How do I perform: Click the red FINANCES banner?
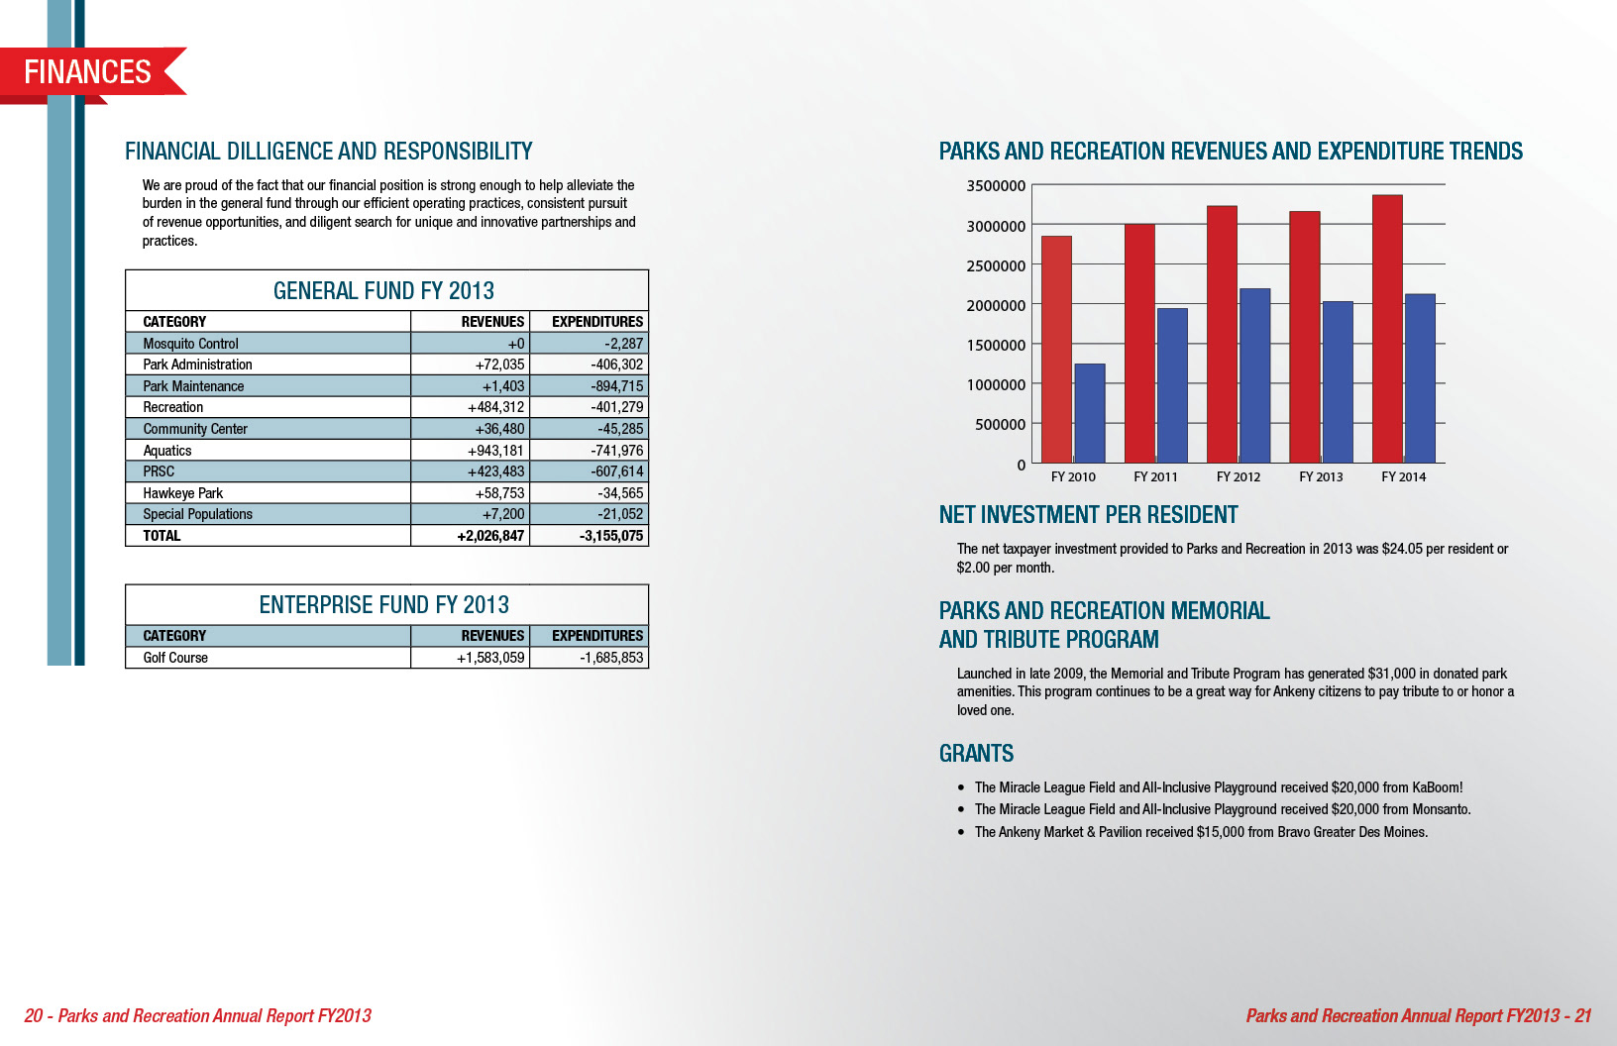88,71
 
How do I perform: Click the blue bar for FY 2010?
1089,413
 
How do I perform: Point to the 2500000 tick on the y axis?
996,265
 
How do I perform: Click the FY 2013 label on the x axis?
1321,476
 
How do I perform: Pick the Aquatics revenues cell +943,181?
495,451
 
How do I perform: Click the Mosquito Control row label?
190,344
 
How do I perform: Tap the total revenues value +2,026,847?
490,536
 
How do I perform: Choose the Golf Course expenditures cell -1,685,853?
611,658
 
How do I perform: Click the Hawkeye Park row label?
182,493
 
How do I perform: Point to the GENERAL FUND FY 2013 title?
383,290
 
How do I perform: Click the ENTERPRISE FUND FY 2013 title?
383,604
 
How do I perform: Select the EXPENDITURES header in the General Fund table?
596,322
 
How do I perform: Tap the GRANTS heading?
976,754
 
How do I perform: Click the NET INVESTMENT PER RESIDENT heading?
1088,515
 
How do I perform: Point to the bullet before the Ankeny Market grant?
961,832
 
